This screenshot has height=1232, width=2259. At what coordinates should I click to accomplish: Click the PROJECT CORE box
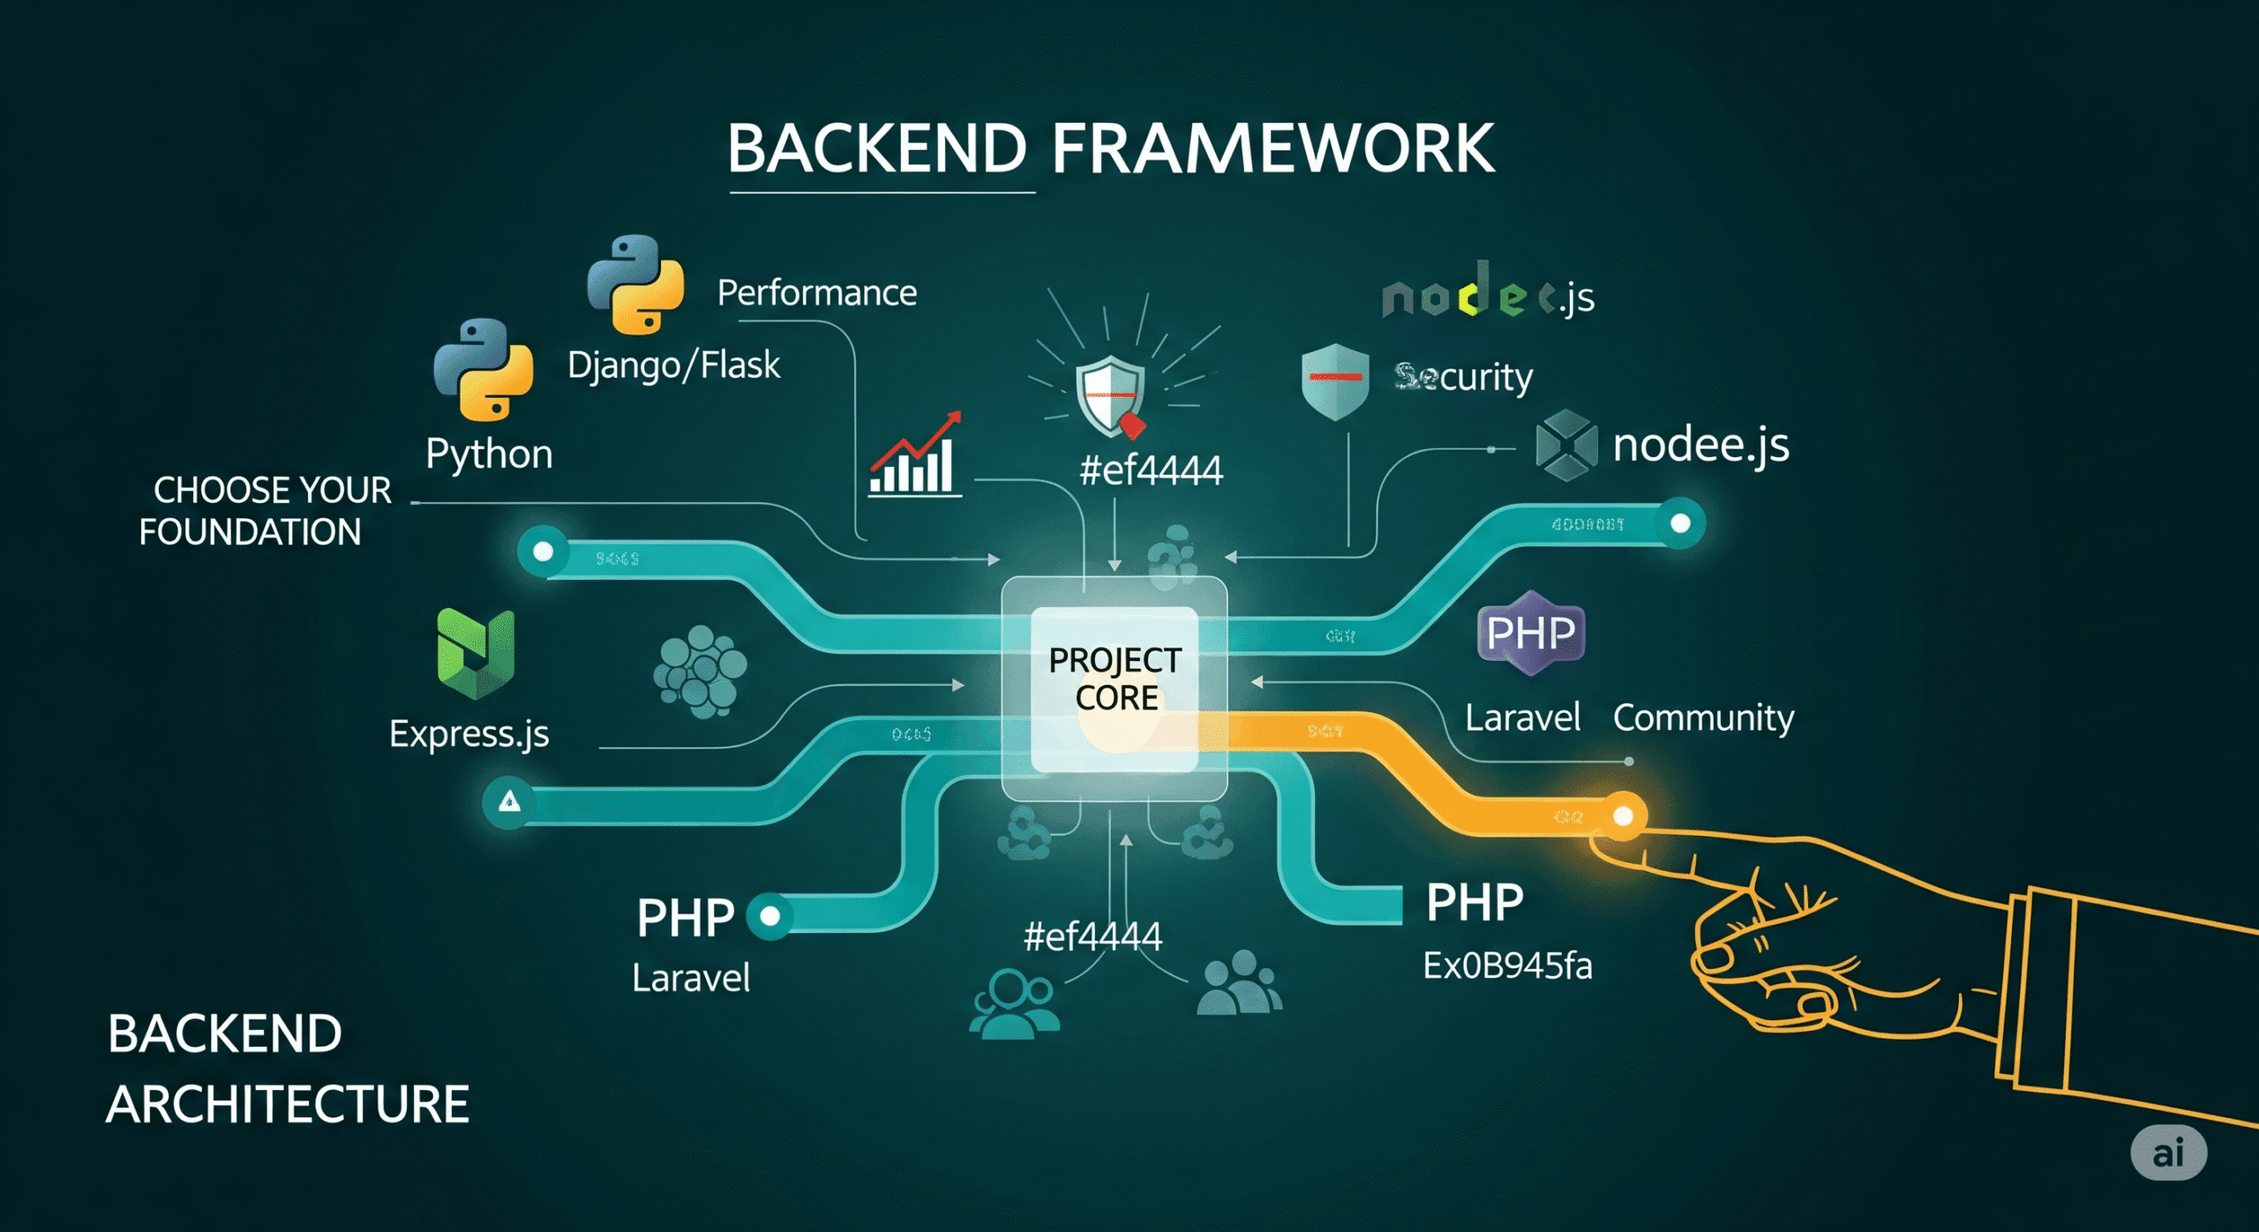(1114, 680)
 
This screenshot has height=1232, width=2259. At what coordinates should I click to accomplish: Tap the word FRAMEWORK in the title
(1272, 148)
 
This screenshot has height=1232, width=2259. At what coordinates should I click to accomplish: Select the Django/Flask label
(673, 364)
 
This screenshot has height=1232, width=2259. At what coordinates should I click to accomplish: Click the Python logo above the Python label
(484, 369)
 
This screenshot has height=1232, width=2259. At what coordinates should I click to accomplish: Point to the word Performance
(816, 292)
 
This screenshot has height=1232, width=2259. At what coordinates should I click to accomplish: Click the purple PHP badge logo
(1530, 633)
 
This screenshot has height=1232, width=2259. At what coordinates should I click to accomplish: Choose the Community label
(1703, 717)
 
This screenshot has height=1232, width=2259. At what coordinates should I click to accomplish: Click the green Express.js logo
(476, 653)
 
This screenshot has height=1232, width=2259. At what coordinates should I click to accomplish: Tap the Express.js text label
(469, 734)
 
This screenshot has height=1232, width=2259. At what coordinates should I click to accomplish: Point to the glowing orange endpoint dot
(1623, 816)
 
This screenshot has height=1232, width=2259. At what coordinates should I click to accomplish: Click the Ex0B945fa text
(1507, 965)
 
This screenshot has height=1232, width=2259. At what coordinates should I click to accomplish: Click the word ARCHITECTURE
(288, 1104)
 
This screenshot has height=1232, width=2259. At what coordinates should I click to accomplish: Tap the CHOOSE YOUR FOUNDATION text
(265, 511)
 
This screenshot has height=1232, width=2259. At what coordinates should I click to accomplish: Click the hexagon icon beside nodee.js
(1565, 446)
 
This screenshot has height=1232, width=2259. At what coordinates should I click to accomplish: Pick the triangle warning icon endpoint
(509, 801)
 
